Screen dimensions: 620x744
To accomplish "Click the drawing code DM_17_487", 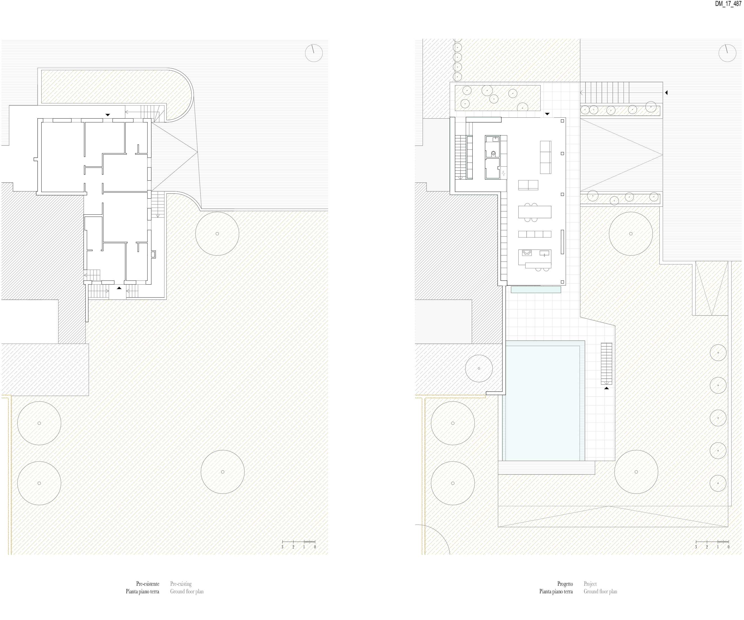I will tap(728, 4).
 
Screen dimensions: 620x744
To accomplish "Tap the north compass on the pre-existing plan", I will tap(314, 53).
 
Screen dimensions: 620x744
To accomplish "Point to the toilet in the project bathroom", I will tap(493, 154).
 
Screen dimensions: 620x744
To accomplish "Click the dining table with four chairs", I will tap(535, 212).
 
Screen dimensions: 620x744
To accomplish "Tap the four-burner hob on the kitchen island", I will tap(527, 253).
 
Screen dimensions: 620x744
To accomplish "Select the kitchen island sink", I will tap(544, 253).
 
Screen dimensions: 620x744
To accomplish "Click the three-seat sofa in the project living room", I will tap(546, 157).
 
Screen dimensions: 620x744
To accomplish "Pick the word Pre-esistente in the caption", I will tap(148, 584).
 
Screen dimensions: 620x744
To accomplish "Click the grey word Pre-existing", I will tap(181, 584).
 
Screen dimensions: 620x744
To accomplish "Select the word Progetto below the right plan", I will tap(565, 584).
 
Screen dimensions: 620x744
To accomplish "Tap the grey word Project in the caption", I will tap(590, 584).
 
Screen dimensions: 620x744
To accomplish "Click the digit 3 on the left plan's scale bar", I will tap(282, 547).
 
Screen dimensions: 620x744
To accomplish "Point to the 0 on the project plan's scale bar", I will tap(729, 547).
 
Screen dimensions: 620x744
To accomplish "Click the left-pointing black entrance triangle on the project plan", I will tap(666, 93).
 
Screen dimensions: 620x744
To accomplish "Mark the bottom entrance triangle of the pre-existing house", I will tap(119, 288).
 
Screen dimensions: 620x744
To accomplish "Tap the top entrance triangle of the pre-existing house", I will tap(108, 115).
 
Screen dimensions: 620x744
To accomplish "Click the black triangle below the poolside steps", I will tap(607, 388).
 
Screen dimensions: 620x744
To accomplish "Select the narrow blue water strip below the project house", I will tap(536, 290).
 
